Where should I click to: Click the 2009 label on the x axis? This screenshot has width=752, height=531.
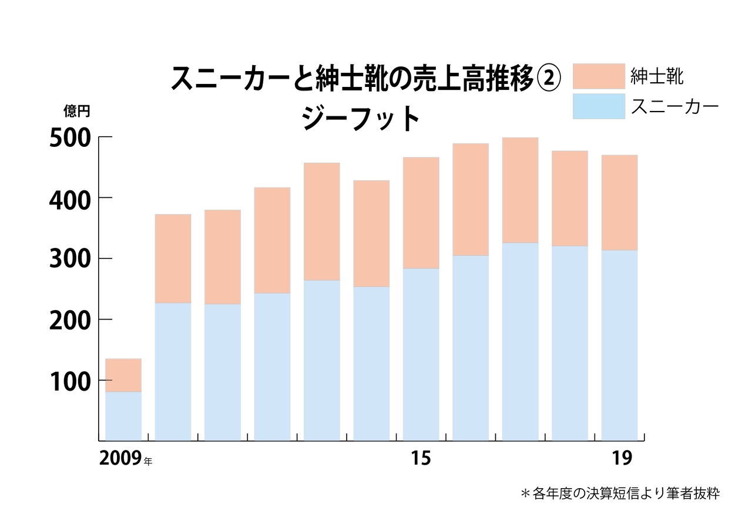[x=120, y=459]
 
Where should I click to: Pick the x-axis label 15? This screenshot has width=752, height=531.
[x=421, y=459]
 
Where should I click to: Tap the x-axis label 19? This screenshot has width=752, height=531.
[x=622, y=459]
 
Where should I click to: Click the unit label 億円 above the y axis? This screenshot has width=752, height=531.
[x=77, y=112]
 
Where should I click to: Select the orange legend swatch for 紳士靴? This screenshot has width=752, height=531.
[x=599, y=76]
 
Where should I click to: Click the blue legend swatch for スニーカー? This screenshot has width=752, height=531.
[x=599, y=106]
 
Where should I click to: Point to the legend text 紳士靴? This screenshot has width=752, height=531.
[x=657, y=76]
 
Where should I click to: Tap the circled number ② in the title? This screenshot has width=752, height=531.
[x=549, y=78]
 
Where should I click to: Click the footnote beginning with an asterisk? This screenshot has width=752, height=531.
[x=620, y=493]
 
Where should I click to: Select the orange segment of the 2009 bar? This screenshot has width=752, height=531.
[x=123, y=375]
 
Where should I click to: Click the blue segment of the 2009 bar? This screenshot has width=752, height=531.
[x=123, y=416]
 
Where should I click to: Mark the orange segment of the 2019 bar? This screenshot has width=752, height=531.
[x=619, y=203]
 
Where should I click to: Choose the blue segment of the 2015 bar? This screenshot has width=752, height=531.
[x=421, y=354]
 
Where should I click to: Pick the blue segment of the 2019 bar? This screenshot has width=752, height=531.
[x=619, y=345]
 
